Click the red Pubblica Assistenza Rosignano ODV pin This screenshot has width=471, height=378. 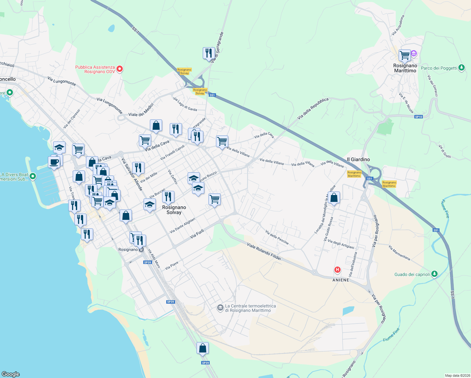120,69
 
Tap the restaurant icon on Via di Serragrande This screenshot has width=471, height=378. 209,53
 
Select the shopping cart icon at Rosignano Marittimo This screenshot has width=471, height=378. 405,55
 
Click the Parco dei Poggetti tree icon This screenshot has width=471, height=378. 461,68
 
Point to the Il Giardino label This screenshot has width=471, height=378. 358,159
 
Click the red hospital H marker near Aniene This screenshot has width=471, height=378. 338,270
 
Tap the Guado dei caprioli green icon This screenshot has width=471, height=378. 434,274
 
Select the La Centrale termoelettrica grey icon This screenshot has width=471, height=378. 220,308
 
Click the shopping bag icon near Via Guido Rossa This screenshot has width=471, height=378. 334,198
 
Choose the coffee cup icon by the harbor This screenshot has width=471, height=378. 54,162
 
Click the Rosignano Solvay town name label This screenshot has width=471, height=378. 174,210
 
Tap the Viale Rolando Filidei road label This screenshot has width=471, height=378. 264,251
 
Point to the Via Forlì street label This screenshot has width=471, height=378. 197,234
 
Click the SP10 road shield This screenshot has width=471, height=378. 418,117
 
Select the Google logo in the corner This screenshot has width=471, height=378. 11,374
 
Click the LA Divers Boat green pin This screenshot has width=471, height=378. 33,176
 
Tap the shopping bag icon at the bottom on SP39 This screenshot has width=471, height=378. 203,348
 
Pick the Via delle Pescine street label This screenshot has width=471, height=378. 277,237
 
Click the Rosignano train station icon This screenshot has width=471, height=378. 141,249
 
